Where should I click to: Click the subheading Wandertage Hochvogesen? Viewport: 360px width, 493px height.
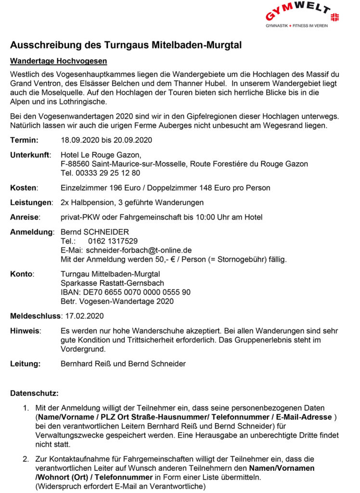(x=58, y=62)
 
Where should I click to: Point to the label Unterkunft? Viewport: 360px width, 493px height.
(x=31, y=155)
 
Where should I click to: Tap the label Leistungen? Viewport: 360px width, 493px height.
(x=31, y=202)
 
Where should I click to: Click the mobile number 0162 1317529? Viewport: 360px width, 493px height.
(x=113, y=241)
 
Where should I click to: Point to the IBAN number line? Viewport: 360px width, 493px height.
(x=126, y=292)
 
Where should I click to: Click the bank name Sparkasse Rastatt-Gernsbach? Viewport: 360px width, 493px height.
(x=112, y=283)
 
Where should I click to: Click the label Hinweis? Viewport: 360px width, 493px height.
(x=26, y=331)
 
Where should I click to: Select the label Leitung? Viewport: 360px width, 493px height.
(x=26, y=363)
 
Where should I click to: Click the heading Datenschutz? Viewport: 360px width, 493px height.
(x=34, y=393)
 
